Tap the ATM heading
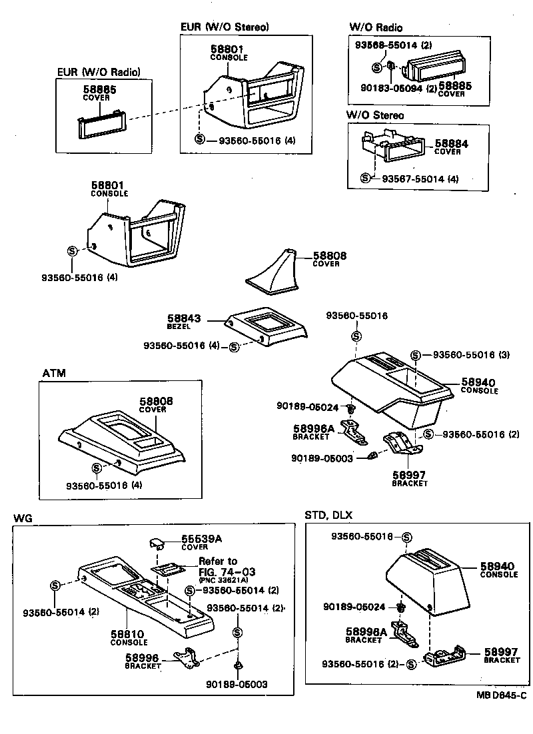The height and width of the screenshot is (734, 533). pos(54,373)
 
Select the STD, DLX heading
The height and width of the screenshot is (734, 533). pos(328,515)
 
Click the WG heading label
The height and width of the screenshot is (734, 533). pos(23,518)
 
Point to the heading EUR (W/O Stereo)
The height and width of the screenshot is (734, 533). pos(225,27)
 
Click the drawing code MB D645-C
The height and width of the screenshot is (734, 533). pos(500,695)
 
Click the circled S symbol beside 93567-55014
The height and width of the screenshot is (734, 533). pos(364,179)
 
